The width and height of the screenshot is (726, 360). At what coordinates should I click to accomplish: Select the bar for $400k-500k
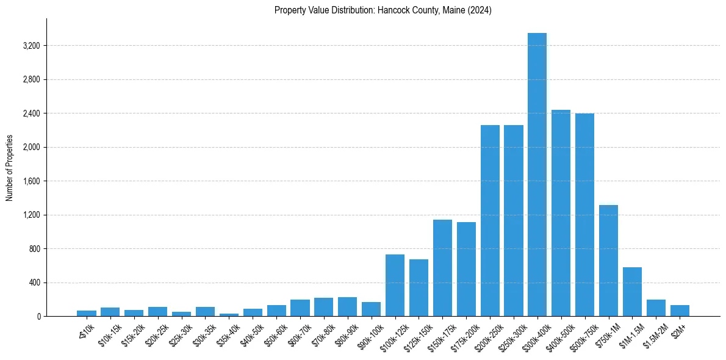pyautogui.click(x=561, y=213)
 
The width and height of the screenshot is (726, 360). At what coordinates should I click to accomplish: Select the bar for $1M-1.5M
pyautogui.click(x=632, y=292)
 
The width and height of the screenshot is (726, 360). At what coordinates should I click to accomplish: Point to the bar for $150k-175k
pyautogui.click(x=442, y=268)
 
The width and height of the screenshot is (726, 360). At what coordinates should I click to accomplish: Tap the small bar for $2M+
pyautogui.click(x=680, y=311)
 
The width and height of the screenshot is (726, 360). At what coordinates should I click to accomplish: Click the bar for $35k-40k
pyautogui.click(x=229, y=315)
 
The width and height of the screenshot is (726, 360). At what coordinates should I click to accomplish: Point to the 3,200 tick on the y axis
pyautogui.click(x=32, y=46)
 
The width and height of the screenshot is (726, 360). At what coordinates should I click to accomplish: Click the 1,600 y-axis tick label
pyautogui.click(x=32, y=181)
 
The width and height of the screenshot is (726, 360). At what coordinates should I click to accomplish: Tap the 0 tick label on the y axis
pyautogui.click(x=38, y=317)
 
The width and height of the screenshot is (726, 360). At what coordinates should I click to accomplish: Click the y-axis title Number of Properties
pyautogui.click(x=10, y=167)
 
